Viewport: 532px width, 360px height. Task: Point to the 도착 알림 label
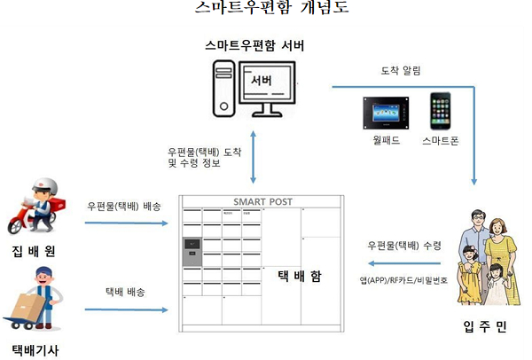(x=400, y=70)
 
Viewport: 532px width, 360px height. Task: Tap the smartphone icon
(x=441, y=111)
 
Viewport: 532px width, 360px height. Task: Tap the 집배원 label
(x=35, y=250)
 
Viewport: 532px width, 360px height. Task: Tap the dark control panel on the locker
(x=191, y=254)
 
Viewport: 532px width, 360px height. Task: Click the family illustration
(x=484, y=257)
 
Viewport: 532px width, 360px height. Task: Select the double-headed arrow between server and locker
(x=255, y=161)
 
